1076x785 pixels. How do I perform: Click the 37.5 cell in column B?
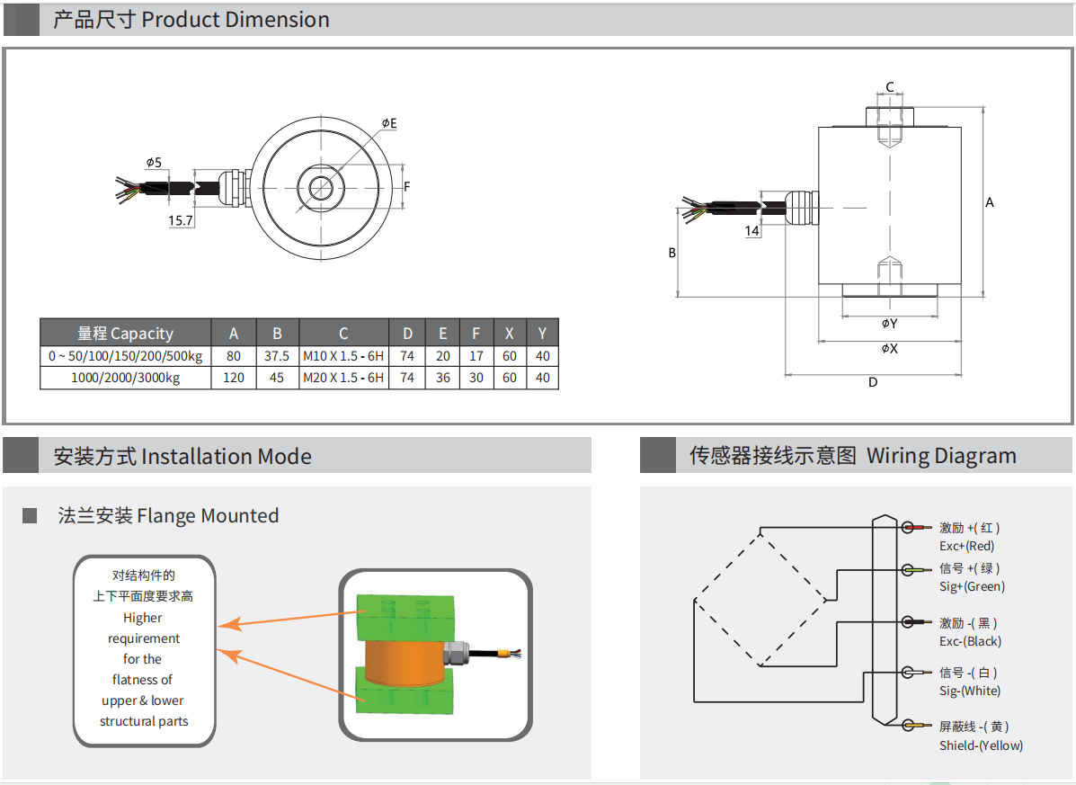point(277,356)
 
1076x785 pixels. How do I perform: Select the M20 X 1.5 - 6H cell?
point(343,379)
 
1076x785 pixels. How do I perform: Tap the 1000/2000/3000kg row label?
point(126,379)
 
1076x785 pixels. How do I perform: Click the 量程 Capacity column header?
point(126,333)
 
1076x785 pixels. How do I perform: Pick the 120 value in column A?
point(234,379)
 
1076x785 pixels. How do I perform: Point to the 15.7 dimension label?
point(181,220)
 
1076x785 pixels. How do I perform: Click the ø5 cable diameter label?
point(154,163)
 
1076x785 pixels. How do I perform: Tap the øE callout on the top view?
point(388,123)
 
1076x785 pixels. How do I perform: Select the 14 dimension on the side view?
point(751,231)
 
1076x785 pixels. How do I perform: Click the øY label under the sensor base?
point(889,324)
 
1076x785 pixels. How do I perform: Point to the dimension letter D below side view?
point(872,382)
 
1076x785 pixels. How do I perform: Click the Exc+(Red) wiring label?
point(966,546)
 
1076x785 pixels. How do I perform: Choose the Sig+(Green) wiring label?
point(972,587)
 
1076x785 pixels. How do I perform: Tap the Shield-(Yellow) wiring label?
point(981,745)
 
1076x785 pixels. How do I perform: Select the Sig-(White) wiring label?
point(969,691)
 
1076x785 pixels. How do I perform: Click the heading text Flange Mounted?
point(208,516)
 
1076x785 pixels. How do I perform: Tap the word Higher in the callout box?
point(143,618)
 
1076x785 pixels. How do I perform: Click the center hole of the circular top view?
point(321,187)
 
